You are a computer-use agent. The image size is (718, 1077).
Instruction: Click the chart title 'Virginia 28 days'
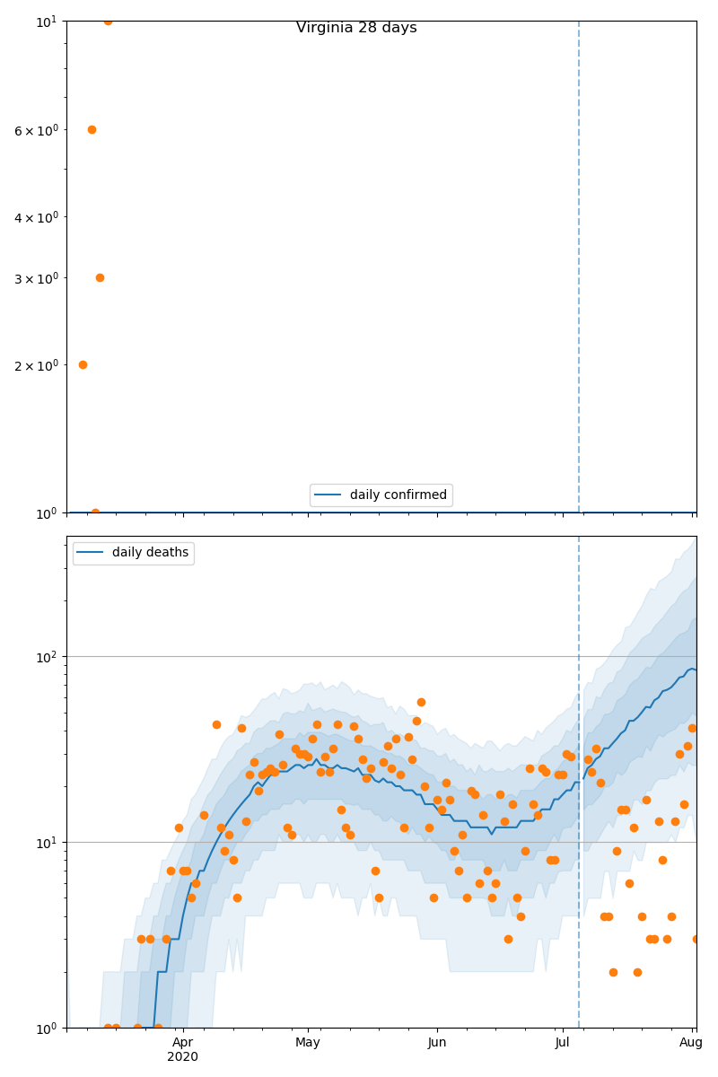point(356,28)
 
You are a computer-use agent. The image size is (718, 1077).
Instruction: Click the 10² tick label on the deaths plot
point(47,656)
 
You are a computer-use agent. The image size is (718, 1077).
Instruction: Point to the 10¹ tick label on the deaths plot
point(47,842)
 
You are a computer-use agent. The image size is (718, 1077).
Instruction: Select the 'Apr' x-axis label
point(182,1043)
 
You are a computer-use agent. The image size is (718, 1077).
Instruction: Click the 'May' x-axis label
point(308,1043)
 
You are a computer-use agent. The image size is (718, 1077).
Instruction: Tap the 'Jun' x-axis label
point(437,1043)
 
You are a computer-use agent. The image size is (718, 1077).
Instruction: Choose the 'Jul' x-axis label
point(563,1043)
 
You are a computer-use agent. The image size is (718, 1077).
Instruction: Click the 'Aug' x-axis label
point(691,1043)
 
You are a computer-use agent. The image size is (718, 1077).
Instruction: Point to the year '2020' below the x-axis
point(182,1057)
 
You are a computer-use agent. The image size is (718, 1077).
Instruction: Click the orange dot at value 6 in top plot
point(92,129)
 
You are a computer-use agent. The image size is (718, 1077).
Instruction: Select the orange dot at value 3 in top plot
point(100,277)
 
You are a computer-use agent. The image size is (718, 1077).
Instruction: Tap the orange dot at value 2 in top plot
point(83,364)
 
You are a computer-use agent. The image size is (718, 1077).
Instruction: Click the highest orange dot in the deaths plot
point(421,702)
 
